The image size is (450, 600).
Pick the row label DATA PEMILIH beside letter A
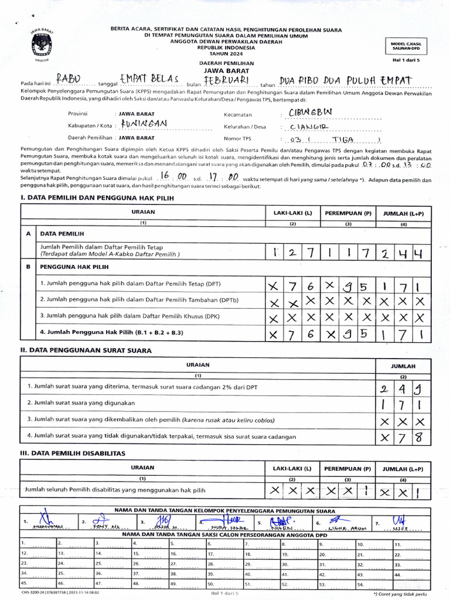pyautogui.click(x=62, y=233)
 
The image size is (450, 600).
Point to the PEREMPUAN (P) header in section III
pyautogui.click(x=347, y=469)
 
